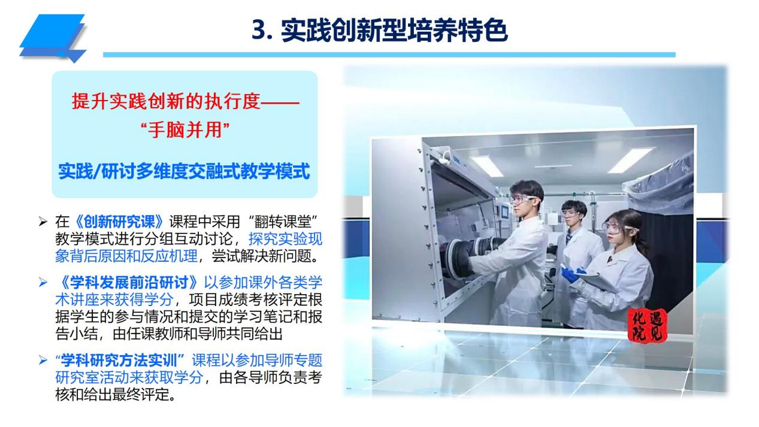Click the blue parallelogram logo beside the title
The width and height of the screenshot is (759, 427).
click(53, 38)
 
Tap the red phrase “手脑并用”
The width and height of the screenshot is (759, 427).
click(185, 131)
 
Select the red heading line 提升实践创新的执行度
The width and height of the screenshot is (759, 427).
click(166, 101)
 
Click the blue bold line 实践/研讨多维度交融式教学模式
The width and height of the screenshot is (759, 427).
click(185, 171)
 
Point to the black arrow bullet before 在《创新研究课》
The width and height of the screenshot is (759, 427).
click(43, 222)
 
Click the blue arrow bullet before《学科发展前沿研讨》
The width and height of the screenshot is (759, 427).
click(43, 282)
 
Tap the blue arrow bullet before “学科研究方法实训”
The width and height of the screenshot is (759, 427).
click(43, 360)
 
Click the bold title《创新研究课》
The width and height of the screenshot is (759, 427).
click(119, 222)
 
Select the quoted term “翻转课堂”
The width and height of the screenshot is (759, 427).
click(283, 222)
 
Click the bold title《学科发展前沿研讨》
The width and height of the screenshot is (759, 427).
click(129, 283)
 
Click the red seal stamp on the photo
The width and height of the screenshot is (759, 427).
click(647, 325)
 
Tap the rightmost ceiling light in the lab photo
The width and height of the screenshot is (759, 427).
click(630, 160)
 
